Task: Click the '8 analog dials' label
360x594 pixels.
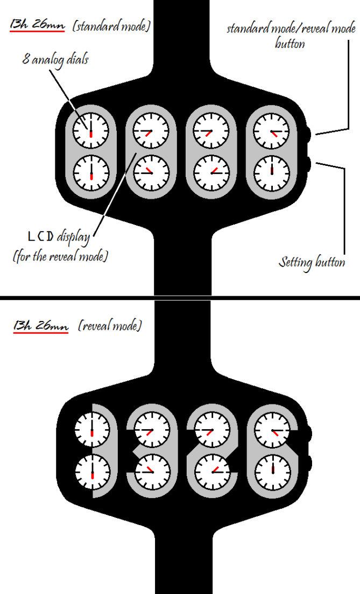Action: (55, 59)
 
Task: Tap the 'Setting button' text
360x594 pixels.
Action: (312, 263)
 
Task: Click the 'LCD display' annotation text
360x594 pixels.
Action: (59, 236)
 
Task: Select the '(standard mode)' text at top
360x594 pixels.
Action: (111, 25)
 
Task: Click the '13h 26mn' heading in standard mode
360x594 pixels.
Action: (37, 25)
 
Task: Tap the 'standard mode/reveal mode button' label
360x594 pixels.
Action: (291, 36)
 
